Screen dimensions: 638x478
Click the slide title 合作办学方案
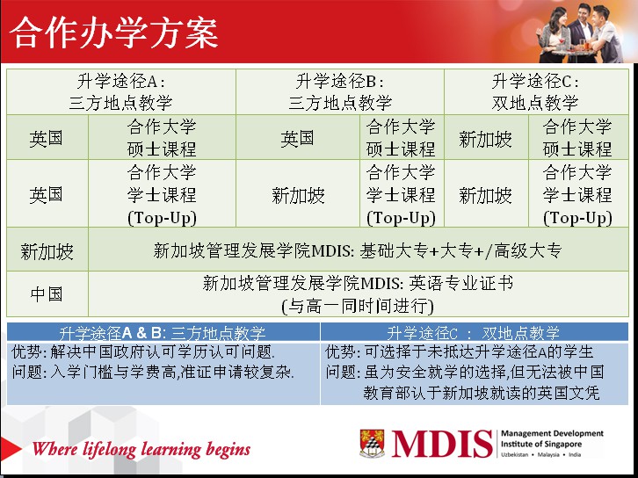tap(114, 33)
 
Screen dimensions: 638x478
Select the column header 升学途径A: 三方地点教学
tap(121, 92)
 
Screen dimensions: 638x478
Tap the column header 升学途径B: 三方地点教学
tap(340, 92)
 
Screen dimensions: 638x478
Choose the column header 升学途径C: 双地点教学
tap(535, 92)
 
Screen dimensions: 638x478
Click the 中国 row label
tap(47, 294)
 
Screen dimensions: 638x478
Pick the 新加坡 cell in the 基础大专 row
tap(47, 251)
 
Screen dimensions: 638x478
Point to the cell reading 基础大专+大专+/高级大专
tap(460, 250)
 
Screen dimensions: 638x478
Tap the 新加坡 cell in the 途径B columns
tap(298, 196)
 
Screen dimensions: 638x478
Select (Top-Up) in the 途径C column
tap(577, 218)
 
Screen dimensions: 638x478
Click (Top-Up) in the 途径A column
tap(162, 218)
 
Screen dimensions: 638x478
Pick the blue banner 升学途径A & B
tap(163, 332)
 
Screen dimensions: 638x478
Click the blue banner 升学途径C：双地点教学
tap(475, 332)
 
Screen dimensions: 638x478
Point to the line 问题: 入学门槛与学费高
tap(153, 372)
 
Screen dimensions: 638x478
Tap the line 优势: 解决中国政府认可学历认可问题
tap(143, 351)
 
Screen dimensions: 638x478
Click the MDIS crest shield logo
tap(372, 444)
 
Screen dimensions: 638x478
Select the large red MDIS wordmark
tap(441, 444)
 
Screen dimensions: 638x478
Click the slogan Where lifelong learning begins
tap(141, 449)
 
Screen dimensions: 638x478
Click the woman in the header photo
tap(555, 34)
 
